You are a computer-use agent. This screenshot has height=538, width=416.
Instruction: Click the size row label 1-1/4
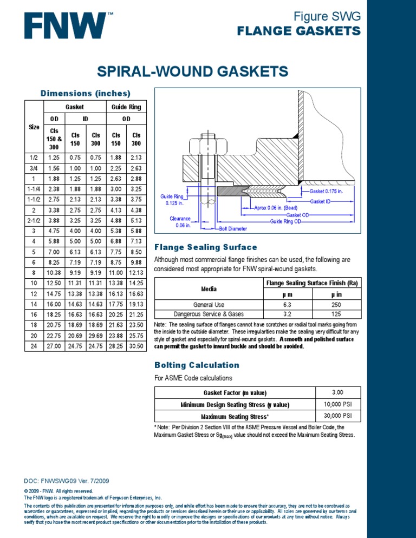(34, 189)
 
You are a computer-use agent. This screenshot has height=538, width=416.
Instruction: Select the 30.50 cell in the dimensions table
(136, 345)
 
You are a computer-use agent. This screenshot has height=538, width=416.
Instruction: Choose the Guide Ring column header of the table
(126, 107)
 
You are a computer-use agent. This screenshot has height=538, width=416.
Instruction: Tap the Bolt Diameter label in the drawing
(233, 229)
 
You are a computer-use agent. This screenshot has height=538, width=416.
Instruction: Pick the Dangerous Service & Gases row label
(209, 313)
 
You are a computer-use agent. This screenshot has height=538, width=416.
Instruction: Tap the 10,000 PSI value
(337, 404)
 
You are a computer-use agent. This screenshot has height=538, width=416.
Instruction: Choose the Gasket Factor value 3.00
(337, 392)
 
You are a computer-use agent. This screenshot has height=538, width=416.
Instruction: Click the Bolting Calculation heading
(190, 365)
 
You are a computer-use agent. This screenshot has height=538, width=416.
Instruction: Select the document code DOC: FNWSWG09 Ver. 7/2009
(66, 481)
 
